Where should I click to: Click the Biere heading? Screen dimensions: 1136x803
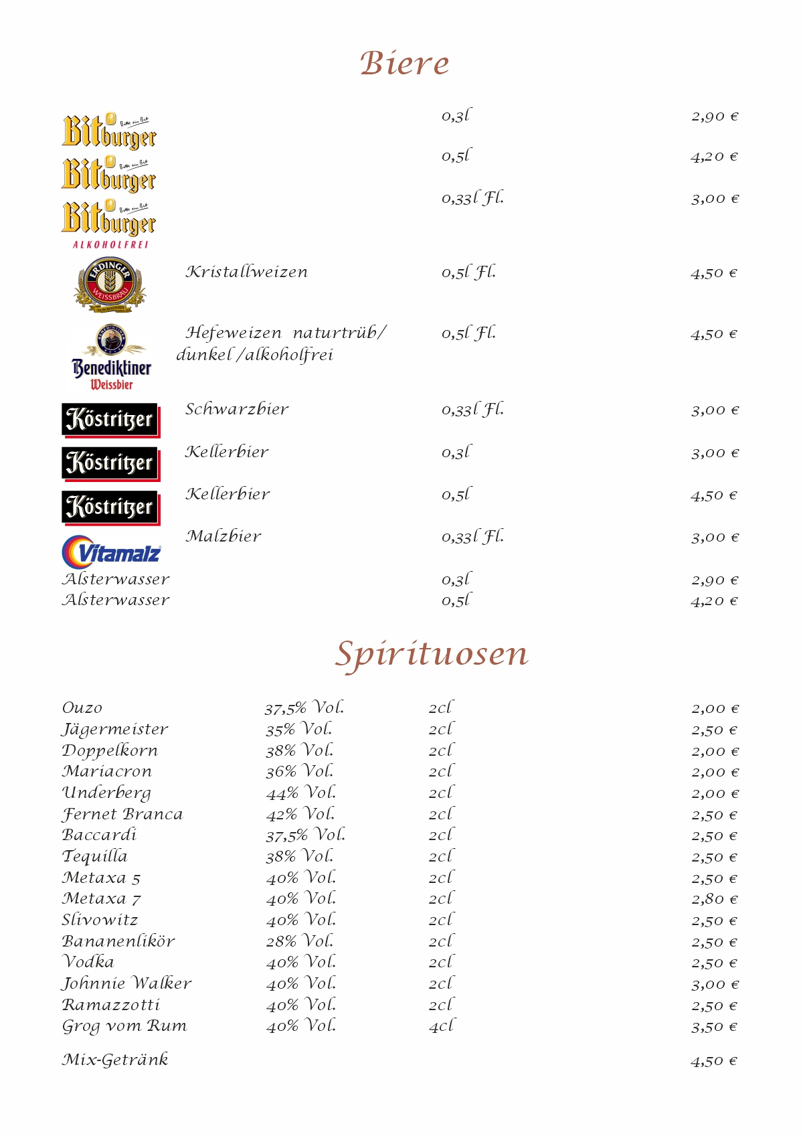(404, 64)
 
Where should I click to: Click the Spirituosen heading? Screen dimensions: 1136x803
(432, 654)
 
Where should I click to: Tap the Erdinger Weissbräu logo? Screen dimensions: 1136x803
(110, 285)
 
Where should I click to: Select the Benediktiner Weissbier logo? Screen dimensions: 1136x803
(111, 357)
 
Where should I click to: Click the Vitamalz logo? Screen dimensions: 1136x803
(112, 552)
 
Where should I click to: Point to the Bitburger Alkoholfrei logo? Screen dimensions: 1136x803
(109, 225)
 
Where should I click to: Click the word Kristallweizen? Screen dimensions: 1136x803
(247, 272)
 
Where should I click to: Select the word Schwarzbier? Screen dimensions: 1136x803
(237, 409)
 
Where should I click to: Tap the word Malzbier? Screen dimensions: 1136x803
(224, 536)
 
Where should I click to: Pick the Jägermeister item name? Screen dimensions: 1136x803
(115, 729)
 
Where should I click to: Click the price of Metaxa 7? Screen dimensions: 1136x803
(715, 899)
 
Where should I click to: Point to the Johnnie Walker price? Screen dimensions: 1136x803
(715, 984)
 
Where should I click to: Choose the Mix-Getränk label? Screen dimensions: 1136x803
(115, 1060)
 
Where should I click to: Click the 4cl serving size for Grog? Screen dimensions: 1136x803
(441, 1026)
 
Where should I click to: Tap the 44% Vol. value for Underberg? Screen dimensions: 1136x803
(301, 793)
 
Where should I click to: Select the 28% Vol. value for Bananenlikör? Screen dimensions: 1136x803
(300, 941)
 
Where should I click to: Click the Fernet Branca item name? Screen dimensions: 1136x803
(122, 814)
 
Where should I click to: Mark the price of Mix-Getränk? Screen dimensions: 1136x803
(714, 1061)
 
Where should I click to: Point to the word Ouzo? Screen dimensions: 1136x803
(82, 708)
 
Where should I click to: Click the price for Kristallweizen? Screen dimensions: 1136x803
(714, 273)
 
